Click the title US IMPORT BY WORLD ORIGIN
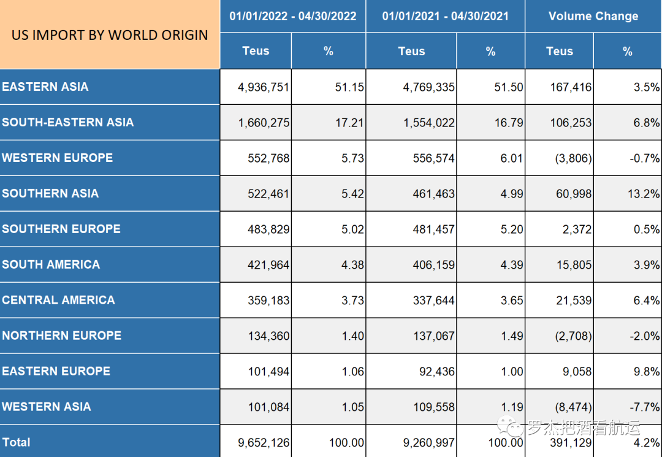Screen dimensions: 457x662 pos(110,35)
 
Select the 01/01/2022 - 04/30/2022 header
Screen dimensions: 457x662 pos(293,16)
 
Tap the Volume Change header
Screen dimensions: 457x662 pos(593,16)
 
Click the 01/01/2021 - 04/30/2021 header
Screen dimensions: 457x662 pos(445,16)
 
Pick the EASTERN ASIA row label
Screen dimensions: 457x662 pos(45,86)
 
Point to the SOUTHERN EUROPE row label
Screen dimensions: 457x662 pos(61,229)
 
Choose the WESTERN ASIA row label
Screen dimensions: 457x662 pos(47,407)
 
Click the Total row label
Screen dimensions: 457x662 pos(17,442)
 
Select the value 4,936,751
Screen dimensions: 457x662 pos(264,87)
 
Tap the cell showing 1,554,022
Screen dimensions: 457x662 pos(429,123)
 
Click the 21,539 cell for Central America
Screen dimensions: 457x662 pos(571,301)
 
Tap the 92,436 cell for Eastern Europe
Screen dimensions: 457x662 pos(436,372)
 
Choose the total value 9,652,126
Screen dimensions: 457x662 pos(264,443)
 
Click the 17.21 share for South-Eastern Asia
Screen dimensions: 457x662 pos(349,123)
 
